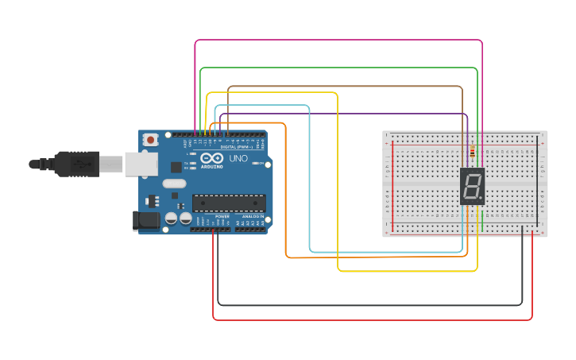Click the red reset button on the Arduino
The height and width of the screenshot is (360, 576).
(x=150, y=140)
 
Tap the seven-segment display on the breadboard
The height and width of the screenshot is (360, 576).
(x=472, y=187)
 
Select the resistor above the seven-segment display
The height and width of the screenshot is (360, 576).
(x=473, y=152)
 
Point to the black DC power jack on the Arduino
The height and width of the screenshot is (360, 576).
(x=145, y=220)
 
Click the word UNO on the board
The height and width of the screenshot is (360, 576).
(x=239, y=159)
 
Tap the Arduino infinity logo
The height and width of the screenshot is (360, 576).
(x=212, y=159)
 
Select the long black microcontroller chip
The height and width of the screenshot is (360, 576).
(x=229, y=203)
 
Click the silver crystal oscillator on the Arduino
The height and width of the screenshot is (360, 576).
(x=175, y=184)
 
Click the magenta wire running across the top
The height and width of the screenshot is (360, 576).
(x=338, y=40)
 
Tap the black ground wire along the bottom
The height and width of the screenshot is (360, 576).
(x=369, y=304)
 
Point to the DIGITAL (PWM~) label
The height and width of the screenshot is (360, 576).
(x=236, y=147)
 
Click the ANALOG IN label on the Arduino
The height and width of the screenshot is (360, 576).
(x=253, y=216)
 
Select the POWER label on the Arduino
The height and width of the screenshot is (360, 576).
(x=222, y=216)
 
